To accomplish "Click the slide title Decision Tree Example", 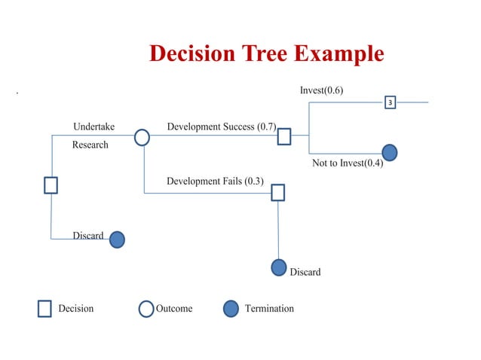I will pyautogui.click(x=266, y=54).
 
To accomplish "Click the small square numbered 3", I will pyautogui.click(x=391, y=102).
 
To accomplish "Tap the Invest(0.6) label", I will pyautogui.click(x=321, y=90).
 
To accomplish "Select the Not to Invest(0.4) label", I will pyautogui.click(x=348, y=164).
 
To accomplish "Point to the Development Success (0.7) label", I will pyautogui.click(x=221, y=127).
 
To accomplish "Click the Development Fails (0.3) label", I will pyautogui.click(x=215, y=181).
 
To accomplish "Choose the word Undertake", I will pyautogui.click(x=93, y=127).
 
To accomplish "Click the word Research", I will pyautogui.click(x=90, y=145).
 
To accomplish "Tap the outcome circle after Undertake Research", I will pyautogui.click(x=142, y=137).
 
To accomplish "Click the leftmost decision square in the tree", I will pyautogui.click(x=51, y=185).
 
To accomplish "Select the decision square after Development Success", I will pyautogui.click(x=284, y=136).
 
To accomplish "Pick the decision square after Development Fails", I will pyautogui.click(x=278, y=193).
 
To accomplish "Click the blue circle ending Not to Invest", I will pyautogui.click(x=390, y=152).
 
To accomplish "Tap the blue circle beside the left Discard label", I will pyautogui.click(x=117, y=239).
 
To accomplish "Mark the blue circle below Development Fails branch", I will pyautogui.click(x=279, y=267).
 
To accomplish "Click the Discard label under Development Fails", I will pyautogui.click(x=305, y=272).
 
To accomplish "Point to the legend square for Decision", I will pyautogui.click(x=44, y=309).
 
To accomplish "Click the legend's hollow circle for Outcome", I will pyautogui.click(x=146, y=309).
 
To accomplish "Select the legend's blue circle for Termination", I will pyautogui.click(x=231, y=309).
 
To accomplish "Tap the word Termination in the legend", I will pyautogui.click(x=269, y=309).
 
